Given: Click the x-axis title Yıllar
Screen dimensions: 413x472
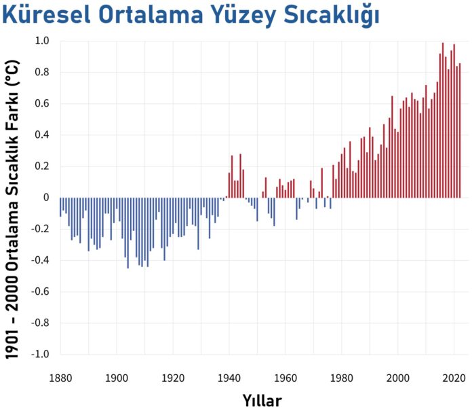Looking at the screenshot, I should (x=262, y=399).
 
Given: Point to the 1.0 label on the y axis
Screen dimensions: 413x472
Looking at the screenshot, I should (x=42, y=41).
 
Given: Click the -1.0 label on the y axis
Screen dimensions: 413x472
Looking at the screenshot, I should (x=41, y=355).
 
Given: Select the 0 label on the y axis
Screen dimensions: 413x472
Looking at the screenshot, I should (x=47, y=198).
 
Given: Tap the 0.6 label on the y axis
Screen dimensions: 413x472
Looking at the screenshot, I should (x=42, y=104).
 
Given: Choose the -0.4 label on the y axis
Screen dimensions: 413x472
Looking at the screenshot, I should (x=41, y=261).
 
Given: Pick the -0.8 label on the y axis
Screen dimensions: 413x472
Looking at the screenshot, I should (x=41, y=323).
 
